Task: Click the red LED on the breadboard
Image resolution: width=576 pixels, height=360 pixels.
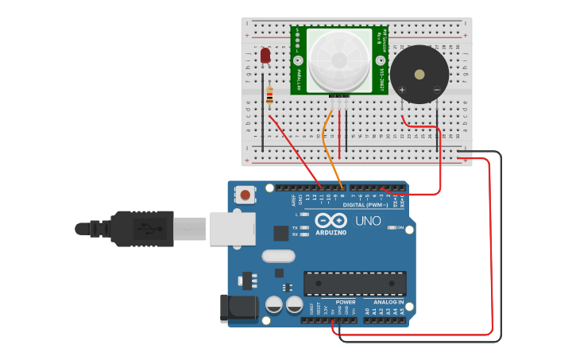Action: pos(265,56)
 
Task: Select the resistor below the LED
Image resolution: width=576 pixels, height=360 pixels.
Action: pos(270,96)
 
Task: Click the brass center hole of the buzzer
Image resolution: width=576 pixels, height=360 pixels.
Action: pos(419,75)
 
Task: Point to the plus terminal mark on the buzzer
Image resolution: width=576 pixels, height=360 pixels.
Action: pos(404,91)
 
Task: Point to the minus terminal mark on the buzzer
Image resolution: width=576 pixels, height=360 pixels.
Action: pos(436,91)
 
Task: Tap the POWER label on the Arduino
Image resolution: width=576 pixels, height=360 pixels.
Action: pos(346,302)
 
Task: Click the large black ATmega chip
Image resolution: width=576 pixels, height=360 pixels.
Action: pos(354,283)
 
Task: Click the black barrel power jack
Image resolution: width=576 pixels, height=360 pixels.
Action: pos(238,308)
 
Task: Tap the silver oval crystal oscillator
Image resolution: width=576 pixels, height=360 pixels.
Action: pos(277,257)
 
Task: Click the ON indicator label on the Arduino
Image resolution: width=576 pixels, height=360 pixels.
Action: pos(400,227)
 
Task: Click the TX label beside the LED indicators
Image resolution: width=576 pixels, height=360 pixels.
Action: pos(295,227)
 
